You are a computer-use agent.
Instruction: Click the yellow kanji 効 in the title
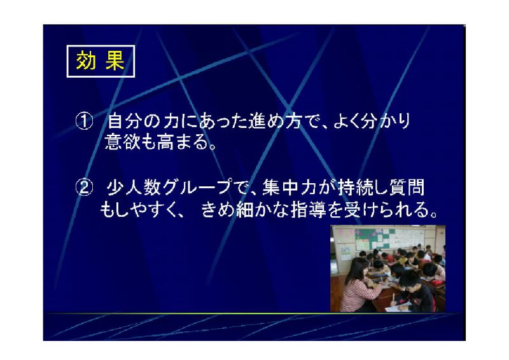point(86,60)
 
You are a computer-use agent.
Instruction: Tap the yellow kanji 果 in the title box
point(115,60)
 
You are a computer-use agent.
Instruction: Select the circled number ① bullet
point(84,121)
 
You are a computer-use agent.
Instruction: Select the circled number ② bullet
point(84,188)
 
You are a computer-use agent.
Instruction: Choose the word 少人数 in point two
point(134,187)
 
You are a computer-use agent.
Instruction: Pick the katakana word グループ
point(199,187)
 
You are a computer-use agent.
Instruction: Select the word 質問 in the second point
point(407,187)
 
